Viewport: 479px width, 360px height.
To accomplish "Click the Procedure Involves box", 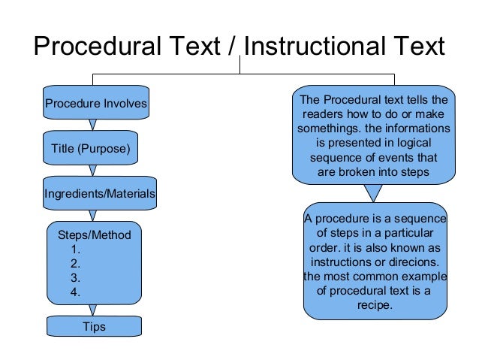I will (95, 103).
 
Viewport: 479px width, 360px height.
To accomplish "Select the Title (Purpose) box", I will (91, 149).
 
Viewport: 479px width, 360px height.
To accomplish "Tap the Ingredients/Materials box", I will (100, 194).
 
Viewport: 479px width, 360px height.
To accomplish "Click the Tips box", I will (94, 326).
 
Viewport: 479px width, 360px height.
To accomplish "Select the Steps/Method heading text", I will (94, 235).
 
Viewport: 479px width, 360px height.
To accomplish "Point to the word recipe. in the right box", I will (375, 306).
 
